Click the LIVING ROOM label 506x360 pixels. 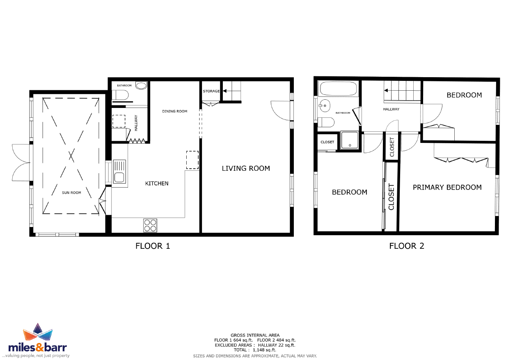(x=246, y=168)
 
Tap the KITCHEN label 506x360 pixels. (x=157, y=183)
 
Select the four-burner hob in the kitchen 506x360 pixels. (x=150, y=225)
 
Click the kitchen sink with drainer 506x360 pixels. (x=119, y=173)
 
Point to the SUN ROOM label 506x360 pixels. (x=71, y=193)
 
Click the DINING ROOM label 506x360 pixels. (x=174, y=111)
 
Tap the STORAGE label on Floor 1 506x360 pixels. (x=211, y=91)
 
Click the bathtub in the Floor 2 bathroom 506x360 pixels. (x=339, y=89)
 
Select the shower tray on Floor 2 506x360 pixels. (x=350, y=140)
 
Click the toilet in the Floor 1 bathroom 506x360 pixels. (x=120, y=95)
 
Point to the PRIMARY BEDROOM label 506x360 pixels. (x=447, y=187)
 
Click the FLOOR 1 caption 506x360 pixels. (x=153, y=246)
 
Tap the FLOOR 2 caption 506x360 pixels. (x=407, y=246)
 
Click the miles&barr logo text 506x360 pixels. (x=37, y=347)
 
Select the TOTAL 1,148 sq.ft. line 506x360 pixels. (x=255, y=350)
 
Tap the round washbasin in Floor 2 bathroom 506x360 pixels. (x=324, y=105)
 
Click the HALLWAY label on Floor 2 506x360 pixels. (x=391, y=109)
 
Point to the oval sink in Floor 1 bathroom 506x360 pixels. (x=141, y=86)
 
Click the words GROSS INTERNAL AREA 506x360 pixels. (x=255, y=335)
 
